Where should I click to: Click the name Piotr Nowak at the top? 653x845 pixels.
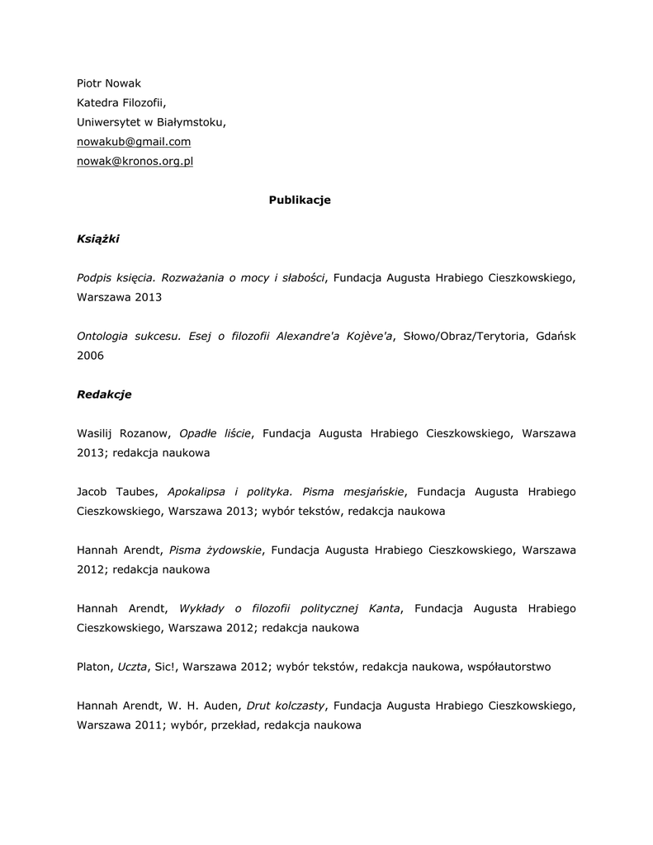tap(108, 83)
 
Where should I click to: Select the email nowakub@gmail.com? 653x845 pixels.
tap(134, 142)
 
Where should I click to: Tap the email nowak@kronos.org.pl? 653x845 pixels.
tap(135, 162)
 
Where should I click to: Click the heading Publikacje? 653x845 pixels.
tap(300, 201)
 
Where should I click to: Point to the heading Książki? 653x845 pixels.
tap(98, 239)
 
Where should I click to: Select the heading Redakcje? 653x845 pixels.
tap(104, 394)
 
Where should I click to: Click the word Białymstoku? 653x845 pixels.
tap(191, 122)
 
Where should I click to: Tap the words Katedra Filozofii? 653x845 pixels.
tap(121, 102)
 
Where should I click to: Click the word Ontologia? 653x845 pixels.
tap(105, 336)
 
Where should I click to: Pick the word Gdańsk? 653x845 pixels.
tap(555, 336)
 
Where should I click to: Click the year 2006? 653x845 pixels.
tap(90, 356)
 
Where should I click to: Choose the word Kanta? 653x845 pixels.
tap(385, 608)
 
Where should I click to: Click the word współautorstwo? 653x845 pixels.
tap(509, 667)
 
